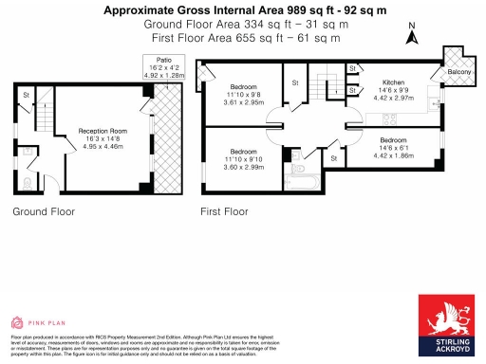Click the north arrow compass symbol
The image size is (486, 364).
[411, 36]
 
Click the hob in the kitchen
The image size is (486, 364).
[389, 118]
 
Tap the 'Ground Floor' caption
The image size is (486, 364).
[44, 213]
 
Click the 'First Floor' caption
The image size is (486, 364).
[224, 213]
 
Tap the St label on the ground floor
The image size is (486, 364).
[26, 94]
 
